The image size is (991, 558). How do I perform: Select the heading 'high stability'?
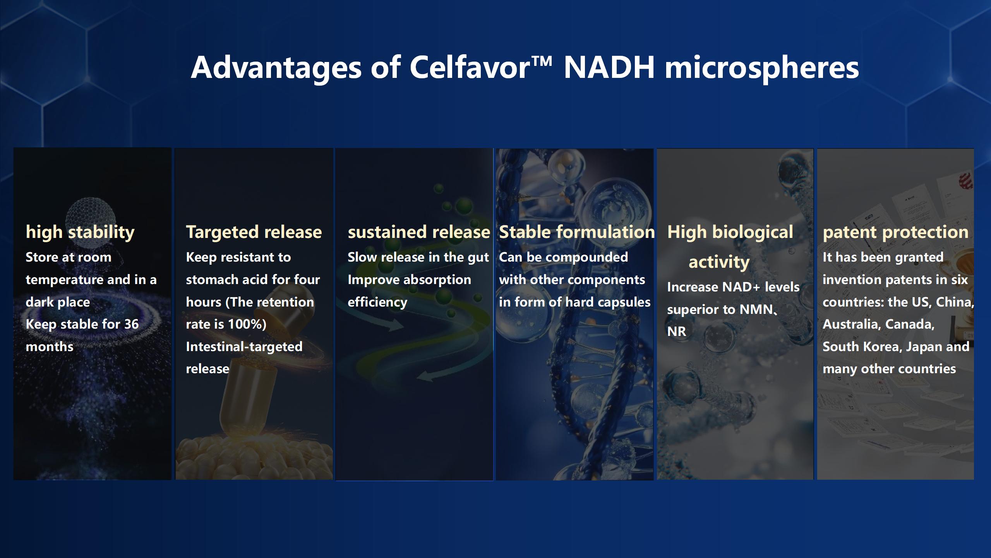pos(80,232)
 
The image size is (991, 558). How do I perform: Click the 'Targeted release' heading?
pos(254,232)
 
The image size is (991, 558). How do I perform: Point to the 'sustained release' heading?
pos(419,232)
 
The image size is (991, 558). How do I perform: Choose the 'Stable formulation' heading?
pos(577,232)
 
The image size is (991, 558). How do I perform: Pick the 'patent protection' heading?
pos(895,232)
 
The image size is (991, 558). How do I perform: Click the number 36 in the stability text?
pos(131,324)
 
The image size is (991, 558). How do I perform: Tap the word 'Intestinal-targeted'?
pos(244,347)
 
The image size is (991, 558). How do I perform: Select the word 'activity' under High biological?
pos(719,262)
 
